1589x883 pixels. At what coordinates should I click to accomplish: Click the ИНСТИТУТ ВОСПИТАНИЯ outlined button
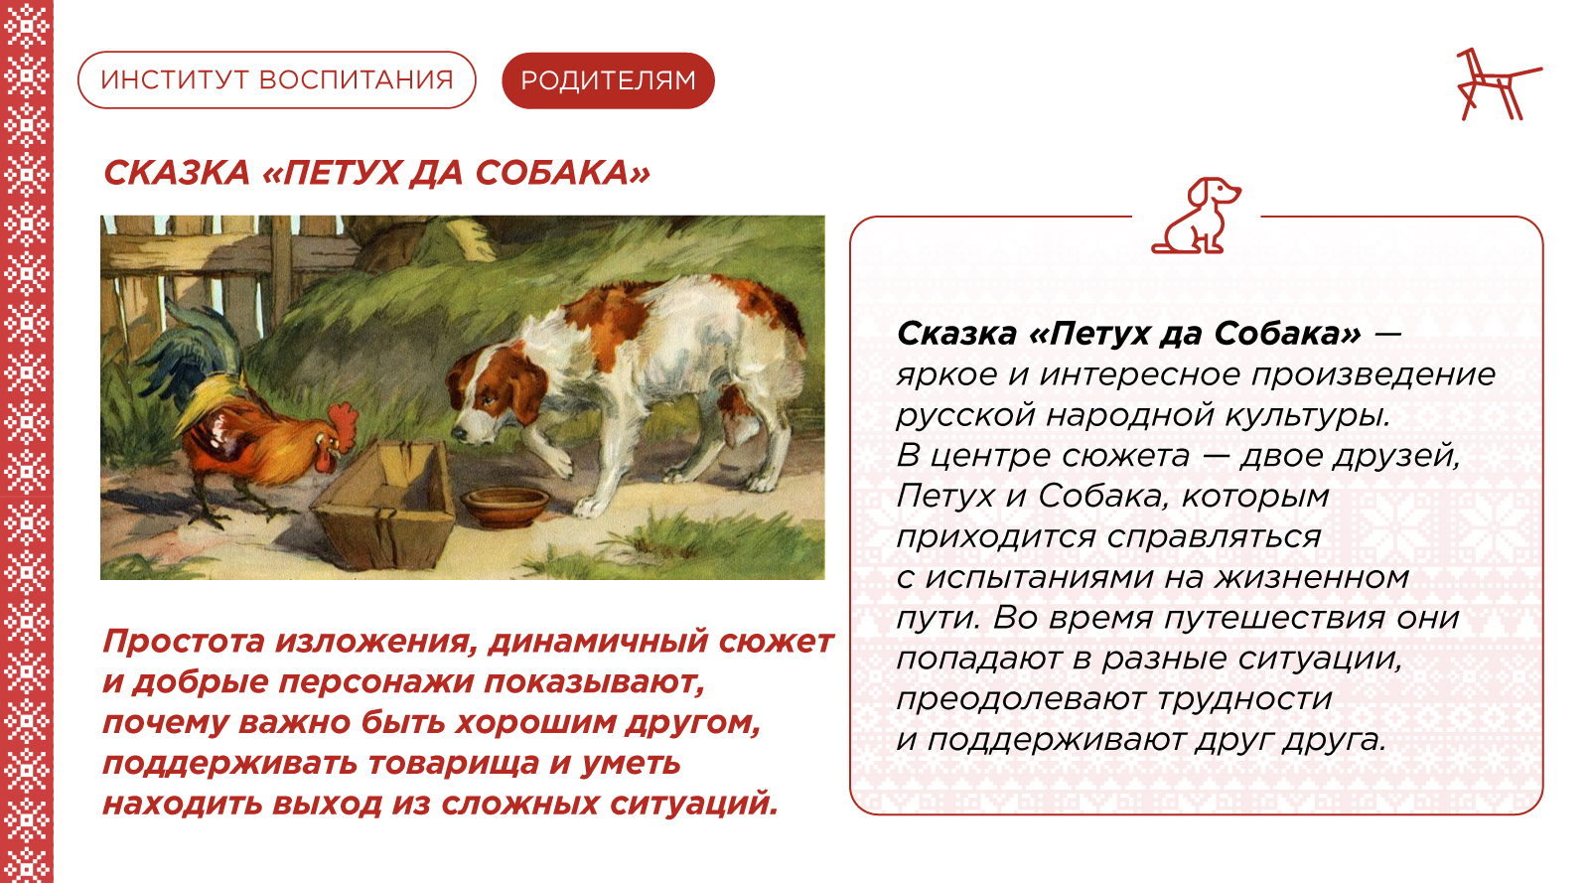(x=277, y=80)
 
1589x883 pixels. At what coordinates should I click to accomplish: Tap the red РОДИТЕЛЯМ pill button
(x=608, y=80)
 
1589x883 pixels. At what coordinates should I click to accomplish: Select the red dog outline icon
(x=1196, y=216)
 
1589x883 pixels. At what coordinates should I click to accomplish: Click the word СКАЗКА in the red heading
(x=177, y=173)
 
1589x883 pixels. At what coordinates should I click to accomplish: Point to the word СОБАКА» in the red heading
(x=562, y=173)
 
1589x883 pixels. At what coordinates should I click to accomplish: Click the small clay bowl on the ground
(x=506, y=506)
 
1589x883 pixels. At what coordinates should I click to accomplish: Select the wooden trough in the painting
(x=384, y=503)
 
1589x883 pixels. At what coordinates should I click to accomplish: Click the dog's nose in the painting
(x=459, y=432)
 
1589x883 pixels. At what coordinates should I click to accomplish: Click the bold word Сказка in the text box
(x=957, y=334)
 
